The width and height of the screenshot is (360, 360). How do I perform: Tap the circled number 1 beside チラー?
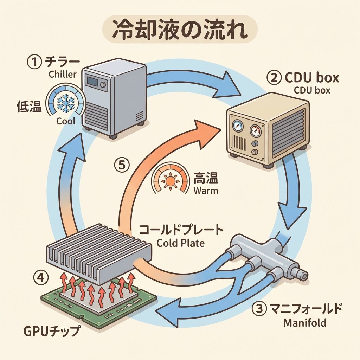coord(35,63)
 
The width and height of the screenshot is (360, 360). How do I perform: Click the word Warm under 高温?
coord(206,192)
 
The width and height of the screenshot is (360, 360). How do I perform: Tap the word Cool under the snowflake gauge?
coord(66,121)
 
